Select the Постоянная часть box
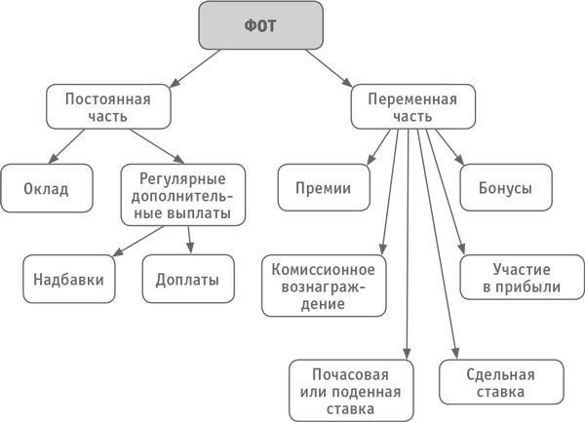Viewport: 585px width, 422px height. pos(108,107)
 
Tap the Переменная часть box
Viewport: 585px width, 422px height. pos(413,107)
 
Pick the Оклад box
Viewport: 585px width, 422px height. pos(46,187)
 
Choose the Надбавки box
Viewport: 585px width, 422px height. pos(68,279)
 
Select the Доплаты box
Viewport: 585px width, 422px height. pos(188,279)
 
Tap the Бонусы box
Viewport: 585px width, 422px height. pos(505,187)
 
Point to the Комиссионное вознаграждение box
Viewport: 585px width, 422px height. pos(323,284)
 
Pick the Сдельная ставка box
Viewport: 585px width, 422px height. pos(501,383)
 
